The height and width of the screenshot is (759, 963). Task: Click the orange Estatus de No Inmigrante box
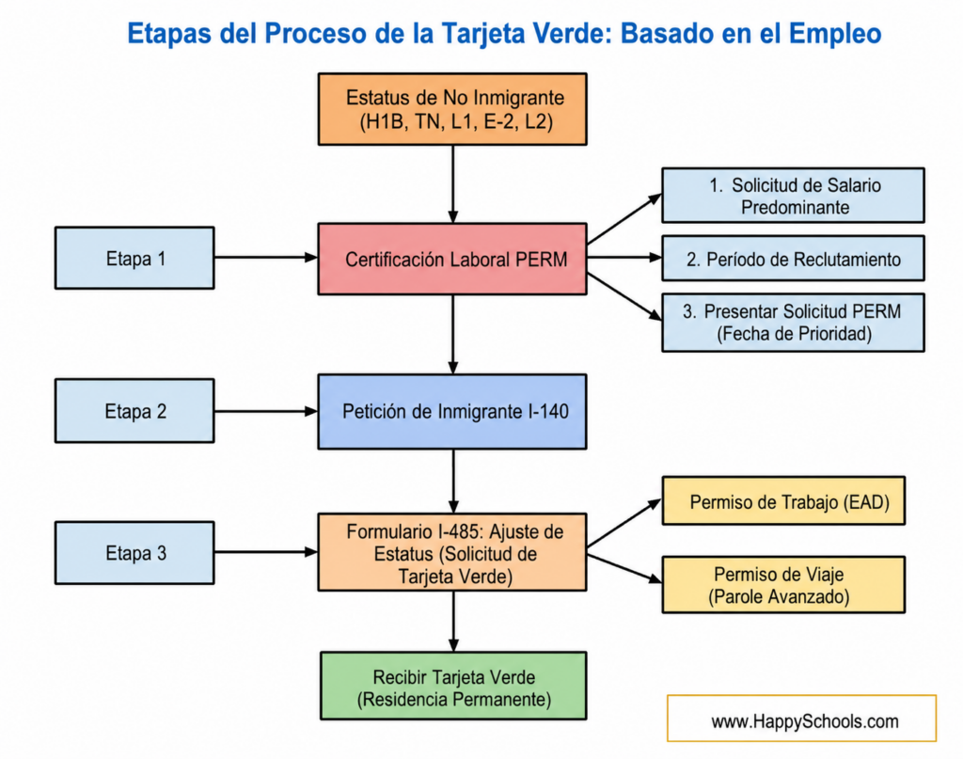(x=452, y=109)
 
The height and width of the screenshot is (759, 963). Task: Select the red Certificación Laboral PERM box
(x=452, y=260)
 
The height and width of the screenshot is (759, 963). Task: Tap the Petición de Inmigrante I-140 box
(x=452, y=411)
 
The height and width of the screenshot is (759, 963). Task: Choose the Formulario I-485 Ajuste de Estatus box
(x=452, y=553)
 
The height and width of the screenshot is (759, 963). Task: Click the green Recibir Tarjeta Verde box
(x=453, y=686)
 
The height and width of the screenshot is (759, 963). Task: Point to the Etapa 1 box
(x=134, y=258)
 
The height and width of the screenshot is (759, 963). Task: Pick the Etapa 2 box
(x=134, y=411)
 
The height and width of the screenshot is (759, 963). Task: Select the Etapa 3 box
(x=134, y=553)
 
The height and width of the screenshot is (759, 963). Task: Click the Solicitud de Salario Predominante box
(x=793, y=196)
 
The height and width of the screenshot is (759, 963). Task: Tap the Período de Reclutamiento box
(x=793, y=259)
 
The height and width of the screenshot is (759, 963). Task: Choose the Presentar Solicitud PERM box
(x=793, y=323)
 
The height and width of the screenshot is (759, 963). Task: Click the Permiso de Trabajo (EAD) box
(x=783, y=500)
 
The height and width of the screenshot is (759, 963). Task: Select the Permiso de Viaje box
(x=783, y=585)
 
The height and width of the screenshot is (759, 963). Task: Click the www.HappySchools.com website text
(x=805, y=721)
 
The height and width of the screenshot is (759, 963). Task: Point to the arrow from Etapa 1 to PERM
(x=266, y=258)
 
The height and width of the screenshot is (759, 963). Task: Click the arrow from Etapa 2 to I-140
(x=266, y=411)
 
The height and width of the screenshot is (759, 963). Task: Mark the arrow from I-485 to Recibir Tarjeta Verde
(x=453, y=622)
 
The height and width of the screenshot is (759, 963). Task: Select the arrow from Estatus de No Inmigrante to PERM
(x=452, y=184)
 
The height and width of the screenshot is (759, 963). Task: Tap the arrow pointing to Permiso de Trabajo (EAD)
(x=624, y=523)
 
